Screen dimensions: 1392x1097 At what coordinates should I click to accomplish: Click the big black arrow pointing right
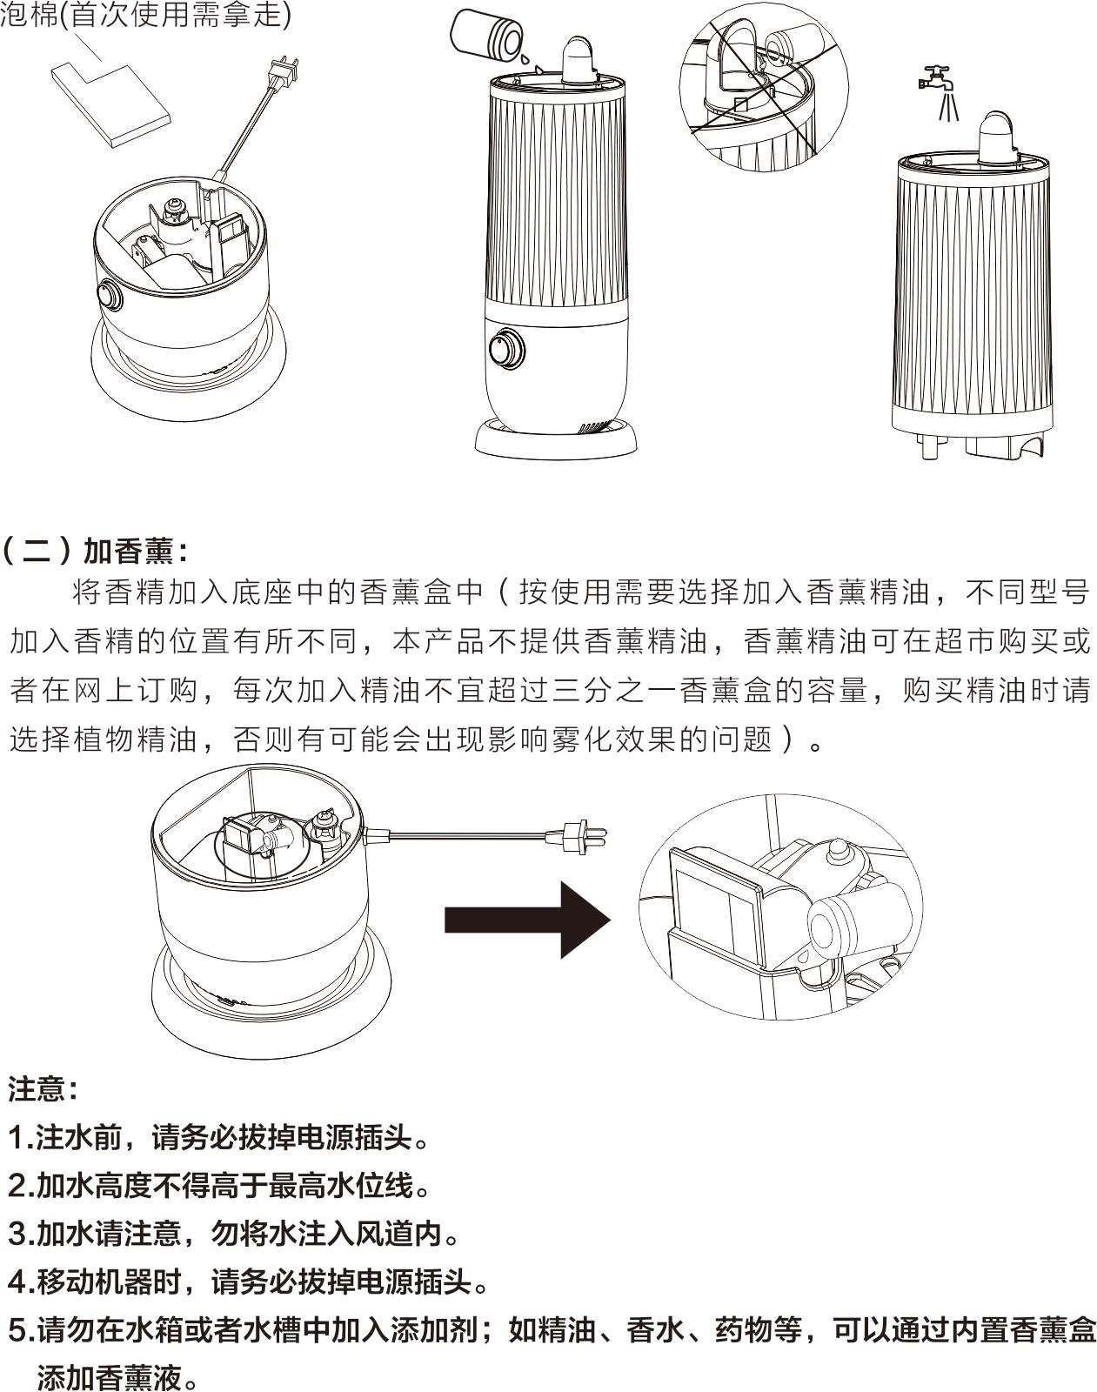tap(527, 920)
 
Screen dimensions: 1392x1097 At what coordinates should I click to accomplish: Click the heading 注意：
tap(43, 1088)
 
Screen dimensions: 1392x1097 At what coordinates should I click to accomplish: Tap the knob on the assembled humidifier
tap(507, 350)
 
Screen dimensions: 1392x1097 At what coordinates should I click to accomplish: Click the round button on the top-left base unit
tap(110, 296)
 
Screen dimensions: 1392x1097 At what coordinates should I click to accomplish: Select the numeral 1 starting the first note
tap(17, 1137)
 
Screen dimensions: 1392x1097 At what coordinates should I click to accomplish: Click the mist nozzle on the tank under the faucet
tap(998, 137)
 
